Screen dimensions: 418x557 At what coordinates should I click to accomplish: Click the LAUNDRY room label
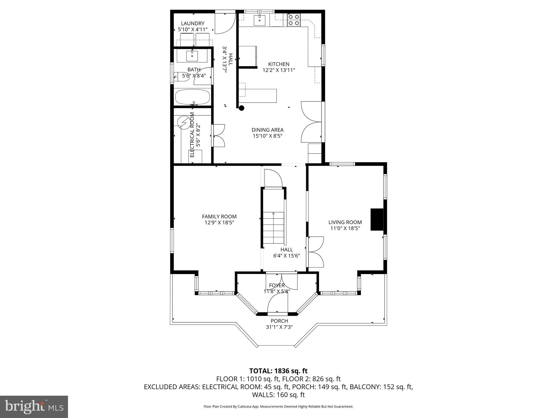pyautogui.click(x=193, y=24)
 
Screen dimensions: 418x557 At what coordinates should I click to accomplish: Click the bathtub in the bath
pyautogui.click(x=193, y=97)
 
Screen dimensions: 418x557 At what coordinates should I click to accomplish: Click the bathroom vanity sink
pyautogui.click(x=192, y=56)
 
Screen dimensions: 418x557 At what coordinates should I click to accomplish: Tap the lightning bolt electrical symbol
pyautogui.click(x=183, y=122)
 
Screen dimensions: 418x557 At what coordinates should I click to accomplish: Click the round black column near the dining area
pyautogui.click(x=241, y=108)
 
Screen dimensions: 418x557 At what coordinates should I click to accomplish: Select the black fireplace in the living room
pyautogui.click(x=377, y=220)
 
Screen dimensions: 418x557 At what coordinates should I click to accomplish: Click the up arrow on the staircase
pyautogui.click(x=273, y=214)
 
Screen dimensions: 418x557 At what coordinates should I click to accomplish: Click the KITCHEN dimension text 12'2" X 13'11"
pyautogui.click(x=278, y=70)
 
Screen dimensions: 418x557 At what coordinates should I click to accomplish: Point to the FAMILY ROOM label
pyautogui.click(x=219, y=217)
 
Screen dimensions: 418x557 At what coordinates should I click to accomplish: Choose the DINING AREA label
pyautogui.click(x=267, y=130)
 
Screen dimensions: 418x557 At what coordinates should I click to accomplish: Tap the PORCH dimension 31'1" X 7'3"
pyautogui.click(x=279, y=327)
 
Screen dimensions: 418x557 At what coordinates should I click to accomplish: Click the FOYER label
pyautogui.click(x=277, y=285)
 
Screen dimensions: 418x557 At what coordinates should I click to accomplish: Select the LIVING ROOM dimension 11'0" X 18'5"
pyautogui.click(x=345, y=228)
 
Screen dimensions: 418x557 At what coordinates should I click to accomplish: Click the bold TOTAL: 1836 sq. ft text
pyautogui.click(x=278, y=371)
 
